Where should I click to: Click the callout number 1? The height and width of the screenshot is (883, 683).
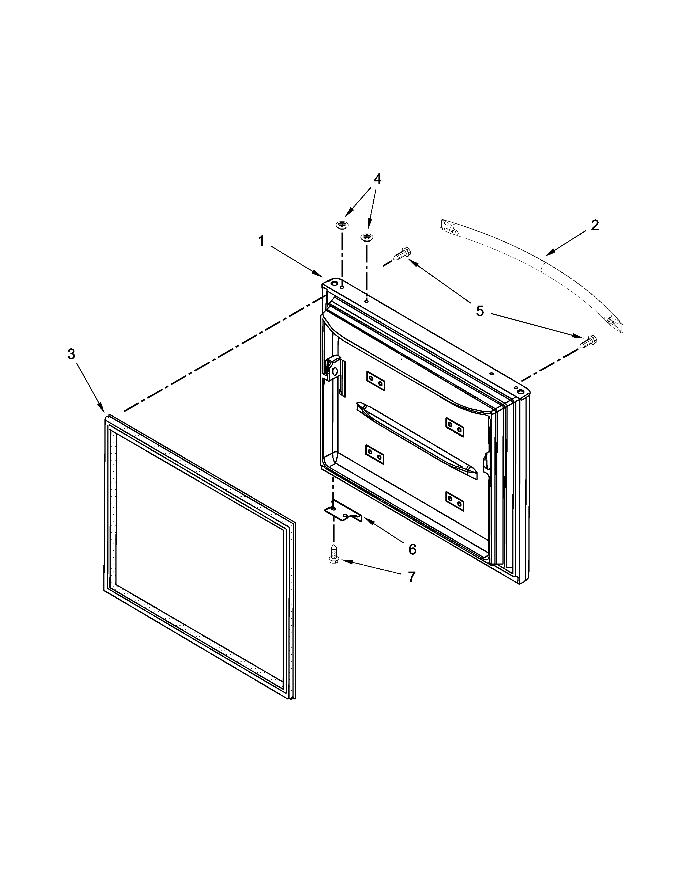pyautogui.click(x=261, y=241)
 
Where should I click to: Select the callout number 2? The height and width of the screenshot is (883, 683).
pyautogui.click(x=594, y=225)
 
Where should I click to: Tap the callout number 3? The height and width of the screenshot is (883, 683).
pyautogui.click(x=71, y=355)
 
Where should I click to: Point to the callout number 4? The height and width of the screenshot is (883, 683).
pyautogui.click(x=377, y=179)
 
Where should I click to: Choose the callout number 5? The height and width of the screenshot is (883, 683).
pyautogui.click(x=479, y=311)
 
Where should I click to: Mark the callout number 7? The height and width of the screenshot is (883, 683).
pyautogui.click(x=411, y=577)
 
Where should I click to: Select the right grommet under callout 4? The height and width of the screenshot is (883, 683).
pyautogui.click(x=367, y=237)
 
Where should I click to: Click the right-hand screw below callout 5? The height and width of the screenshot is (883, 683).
pyautogui.click(x=589, y=341)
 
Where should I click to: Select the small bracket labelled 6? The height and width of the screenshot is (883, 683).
pyautogui.click(x=342, y=513)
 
